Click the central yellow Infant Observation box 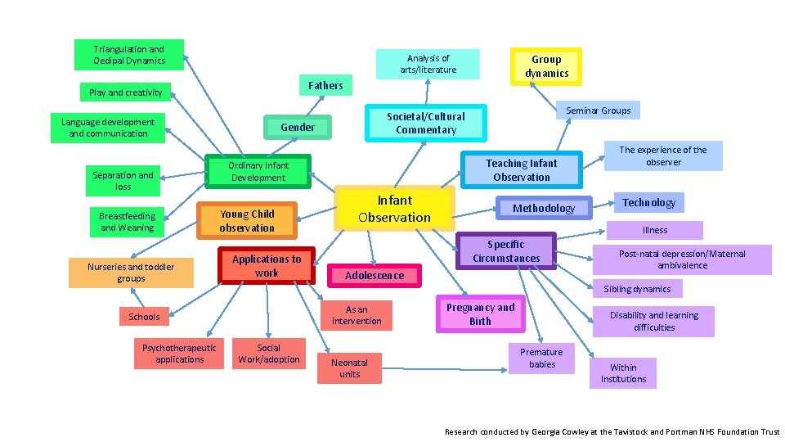394,209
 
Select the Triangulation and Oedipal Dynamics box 129,55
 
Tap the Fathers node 325,85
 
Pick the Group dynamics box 546,66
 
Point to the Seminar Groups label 598,110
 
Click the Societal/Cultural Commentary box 425,123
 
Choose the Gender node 297,127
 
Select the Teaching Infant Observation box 522,170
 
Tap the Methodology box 543,209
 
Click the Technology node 648,203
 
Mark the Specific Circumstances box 506,251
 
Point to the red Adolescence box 374,276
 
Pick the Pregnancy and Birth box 480,314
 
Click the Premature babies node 541,359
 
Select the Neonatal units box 349,368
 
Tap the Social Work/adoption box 268,354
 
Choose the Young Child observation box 246,221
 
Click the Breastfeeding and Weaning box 127,222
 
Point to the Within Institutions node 623,373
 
